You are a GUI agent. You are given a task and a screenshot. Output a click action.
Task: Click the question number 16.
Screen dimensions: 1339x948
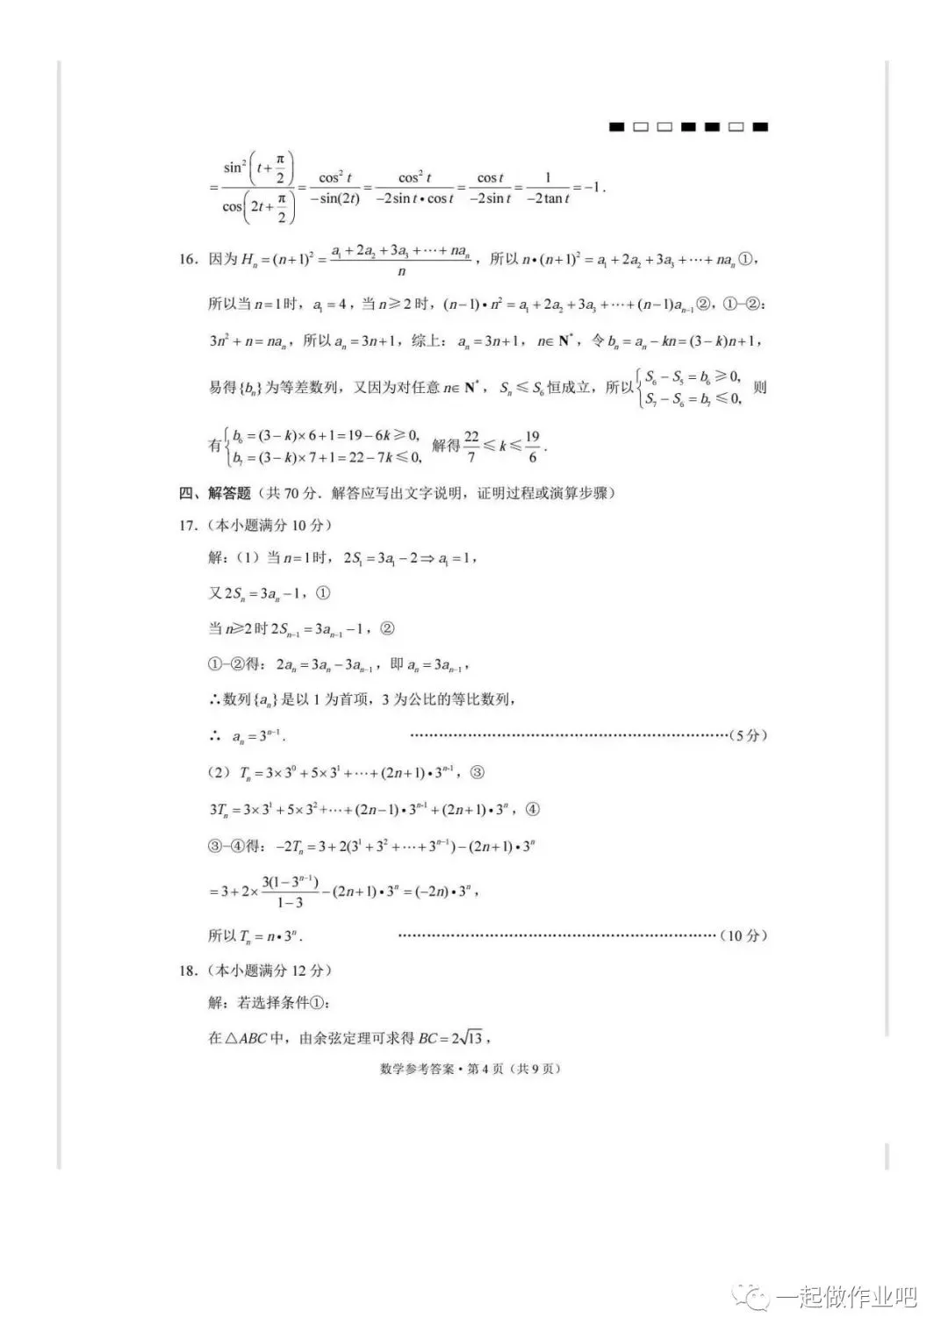pyautogui.click(x=187, y=260)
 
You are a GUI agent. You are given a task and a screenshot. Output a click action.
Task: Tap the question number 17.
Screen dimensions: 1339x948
pyautogui.click(x=187, y=526)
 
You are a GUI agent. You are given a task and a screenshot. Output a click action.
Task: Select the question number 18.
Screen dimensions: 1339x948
pyautogui.click(x=187, y=970)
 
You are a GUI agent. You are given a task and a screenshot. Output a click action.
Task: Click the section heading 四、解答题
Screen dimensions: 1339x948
pyautogui.click(x=215, y=493)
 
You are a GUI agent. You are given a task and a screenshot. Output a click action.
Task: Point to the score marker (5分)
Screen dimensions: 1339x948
pyautogui.click(x=748, y=735)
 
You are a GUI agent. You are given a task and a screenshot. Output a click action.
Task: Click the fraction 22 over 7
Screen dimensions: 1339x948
pyautogui.click(x=471, y=446)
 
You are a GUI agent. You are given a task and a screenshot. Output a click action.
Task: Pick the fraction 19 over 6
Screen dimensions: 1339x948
pyautogui.click(x=532, y=446)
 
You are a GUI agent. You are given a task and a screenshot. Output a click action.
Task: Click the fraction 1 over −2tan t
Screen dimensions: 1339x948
pyautogui.click(x=548, y=189)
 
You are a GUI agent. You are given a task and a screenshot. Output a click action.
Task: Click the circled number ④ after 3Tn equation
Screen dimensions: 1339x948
pyautogui.click(x=532, y=809)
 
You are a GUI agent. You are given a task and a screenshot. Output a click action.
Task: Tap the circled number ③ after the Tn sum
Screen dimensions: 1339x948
pyautogui.click(x=477, y=773)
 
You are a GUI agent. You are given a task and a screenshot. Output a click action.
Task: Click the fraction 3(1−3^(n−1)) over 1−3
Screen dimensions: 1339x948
pyautogui.click(x=290, y=891)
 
